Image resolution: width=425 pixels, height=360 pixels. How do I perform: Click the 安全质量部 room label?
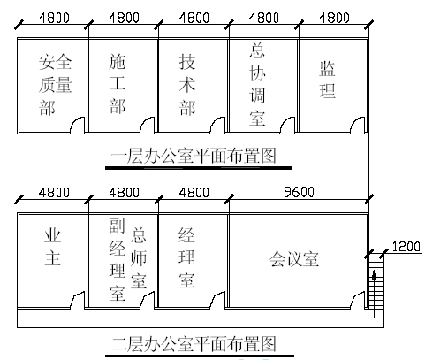click(55, 85)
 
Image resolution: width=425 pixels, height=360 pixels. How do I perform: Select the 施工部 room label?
click(118, 84)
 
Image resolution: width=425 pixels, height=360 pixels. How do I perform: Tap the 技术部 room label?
click(187, 85)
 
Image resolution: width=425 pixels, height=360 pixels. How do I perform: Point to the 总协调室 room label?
click(257, 84)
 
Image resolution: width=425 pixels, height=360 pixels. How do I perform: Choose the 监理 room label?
click(327, 80)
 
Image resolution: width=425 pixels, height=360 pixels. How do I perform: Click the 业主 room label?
click(53, 247)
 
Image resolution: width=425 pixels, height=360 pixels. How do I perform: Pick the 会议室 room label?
click(294, 259)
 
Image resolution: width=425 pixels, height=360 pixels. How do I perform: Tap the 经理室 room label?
click(186, 257)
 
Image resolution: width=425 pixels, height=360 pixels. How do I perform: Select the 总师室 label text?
click(139, 258)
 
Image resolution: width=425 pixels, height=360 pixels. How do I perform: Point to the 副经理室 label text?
click(118, 259)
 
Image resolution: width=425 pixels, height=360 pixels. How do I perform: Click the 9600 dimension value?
click(299, 192)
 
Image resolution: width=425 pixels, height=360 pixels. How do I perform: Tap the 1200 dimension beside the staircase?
click(406, 247)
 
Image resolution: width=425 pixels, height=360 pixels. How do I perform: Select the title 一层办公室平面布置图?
click(194, 156)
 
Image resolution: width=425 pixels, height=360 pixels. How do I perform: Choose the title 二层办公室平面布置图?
click(194, 344)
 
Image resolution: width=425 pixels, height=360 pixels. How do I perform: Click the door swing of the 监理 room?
click(358, 125)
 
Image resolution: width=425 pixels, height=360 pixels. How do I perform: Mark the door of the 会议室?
click(358, 300)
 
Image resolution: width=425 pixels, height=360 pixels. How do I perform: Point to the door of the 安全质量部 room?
click(77, 125)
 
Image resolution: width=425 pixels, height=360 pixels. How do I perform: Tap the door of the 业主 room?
click(77, 300)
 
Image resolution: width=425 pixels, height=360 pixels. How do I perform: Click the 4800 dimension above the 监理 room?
click(334, 18)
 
